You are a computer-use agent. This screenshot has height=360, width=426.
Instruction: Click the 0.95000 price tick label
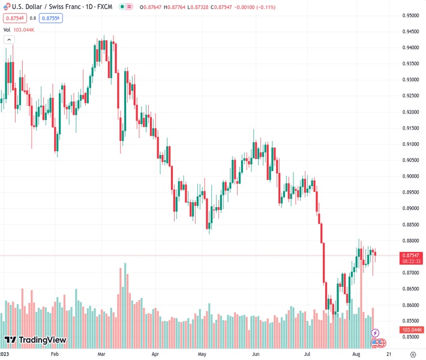411,16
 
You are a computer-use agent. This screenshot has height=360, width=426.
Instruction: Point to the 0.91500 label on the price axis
411,128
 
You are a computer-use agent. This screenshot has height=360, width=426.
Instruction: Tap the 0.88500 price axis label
411,225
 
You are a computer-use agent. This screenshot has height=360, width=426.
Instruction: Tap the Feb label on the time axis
55,354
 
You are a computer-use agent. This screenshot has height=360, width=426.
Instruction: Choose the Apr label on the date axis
156,354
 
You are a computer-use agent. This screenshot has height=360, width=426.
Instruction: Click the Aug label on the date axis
356,354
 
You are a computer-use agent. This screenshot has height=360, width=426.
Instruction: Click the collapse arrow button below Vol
9,40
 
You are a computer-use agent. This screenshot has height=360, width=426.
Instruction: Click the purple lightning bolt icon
376,333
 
